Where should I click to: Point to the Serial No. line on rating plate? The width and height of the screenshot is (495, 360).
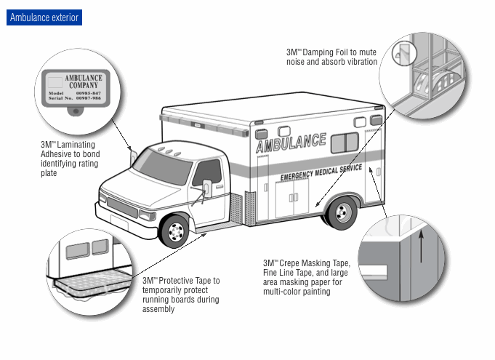pos(76,98)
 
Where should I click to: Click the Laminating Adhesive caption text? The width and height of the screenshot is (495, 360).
pos(71,159)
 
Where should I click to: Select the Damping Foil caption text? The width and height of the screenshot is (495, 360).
pos(331,57)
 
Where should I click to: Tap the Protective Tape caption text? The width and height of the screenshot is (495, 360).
pos(181,295)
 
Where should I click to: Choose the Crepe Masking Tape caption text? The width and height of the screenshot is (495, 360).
pos(307,277)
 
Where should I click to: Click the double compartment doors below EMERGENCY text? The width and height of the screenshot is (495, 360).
pos(291,197)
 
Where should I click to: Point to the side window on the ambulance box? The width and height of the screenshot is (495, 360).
pos(345,143)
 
